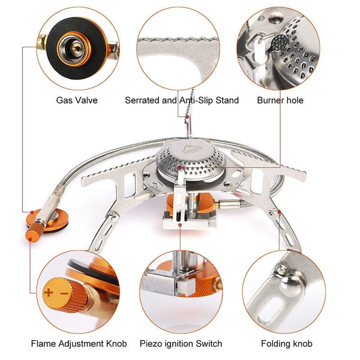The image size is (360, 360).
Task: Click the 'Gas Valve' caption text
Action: pyautogui.click(x=76, y=100)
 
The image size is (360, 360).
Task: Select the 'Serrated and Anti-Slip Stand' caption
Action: pyautogui.click(x=182, y=100)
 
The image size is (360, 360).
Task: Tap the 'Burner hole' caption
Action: pyautogui.click(x=280, y=100)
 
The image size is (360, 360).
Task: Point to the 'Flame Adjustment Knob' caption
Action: pyautogui.click(x=79, y=344)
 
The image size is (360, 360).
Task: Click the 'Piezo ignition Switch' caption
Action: pyautogui.click(x=181, y=344)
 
